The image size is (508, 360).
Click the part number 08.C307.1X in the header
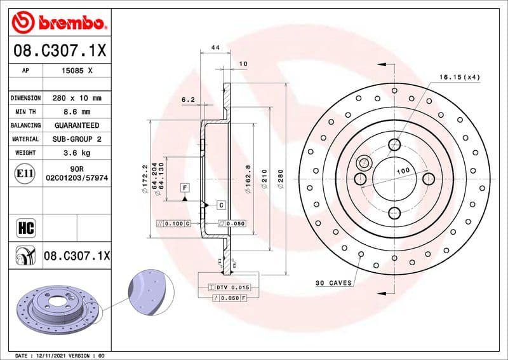[x=58, y=50]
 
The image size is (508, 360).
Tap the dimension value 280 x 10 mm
[x=76, y=98]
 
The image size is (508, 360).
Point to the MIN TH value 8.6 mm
[x=76, y=112]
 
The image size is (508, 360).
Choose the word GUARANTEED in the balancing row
[x=76, y=125]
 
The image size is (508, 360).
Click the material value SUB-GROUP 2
[x=76, y=139]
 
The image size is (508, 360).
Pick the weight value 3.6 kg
[x=76, y=153]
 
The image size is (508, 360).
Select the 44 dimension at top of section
[x=215, y=48]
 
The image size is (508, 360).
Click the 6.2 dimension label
[x=188, y=100]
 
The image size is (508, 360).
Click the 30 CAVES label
[x=333, y=283]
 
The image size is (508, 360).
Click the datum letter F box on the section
[x=185, y=188]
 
